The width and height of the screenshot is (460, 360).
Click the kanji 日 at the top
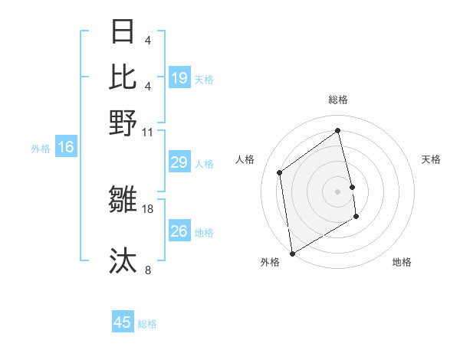123,33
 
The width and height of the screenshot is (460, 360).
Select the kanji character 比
123,77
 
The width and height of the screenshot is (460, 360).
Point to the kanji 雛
123,201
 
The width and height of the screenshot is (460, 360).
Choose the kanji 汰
123,260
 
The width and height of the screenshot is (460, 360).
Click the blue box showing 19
179,77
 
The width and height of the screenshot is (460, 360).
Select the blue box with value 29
179,162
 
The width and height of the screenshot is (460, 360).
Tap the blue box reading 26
179,231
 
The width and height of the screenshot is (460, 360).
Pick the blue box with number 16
66,148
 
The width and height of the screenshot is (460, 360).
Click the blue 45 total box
123,322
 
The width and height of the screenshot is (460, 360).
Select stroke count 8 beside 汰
148,270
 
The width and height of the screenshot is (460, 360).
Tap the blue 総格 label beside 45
147,324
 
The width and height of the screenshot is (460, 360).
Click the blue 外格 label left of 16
40,149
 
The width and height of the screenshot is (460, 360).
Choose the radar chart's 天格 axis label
431,159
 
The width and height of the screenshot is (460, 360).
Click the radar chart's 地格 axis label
402,262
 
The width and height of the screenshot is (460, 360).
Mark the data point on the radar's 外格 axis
292,254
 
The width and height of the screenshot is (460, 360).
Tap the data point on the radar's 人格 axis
280,172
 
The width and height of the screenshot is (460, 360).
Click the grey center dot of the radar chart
338,191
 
